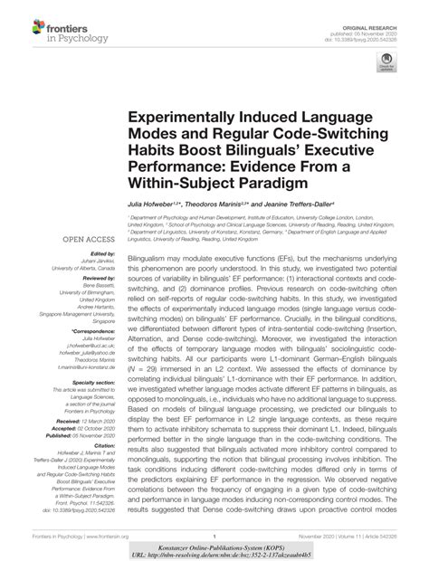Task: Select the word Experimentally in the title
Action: click(x=189, y=119)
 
